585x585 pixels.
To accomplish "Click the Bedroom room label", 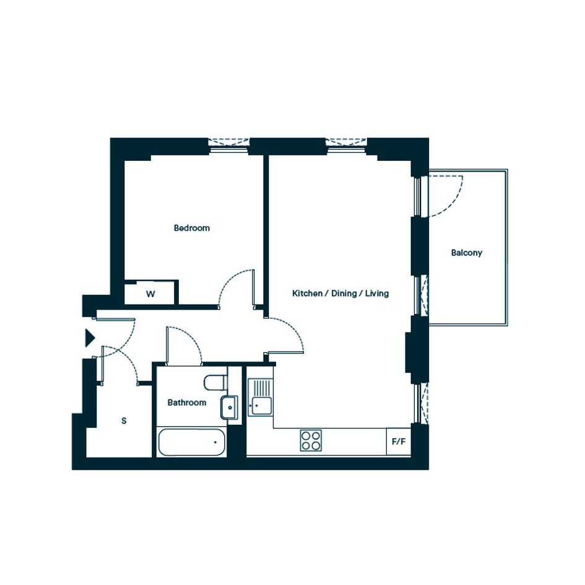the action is click(192, 228).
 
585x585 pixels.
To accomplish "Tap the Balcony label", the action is click(466, 253).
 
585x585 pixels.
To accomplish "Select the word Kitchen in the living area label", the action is click(307, 293).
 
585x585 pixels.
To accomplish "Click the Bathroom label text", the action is click(186, 402).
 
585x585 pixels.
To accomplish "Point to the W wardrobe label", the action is click(150, 294).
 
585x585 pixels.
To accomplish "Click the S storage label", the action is click(124, 421).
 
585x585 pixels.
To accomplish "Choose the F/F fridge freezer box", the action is click(399, 441).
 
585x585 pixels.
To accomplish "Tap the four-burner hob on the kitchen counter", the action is click(311, 441).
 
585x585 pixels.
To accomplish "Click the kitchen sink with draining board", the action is click(261, 397).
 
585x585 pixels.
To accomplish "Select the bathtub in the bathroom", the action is click(191, 442).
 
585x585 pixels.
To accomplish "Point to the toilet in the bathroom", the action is click(215, 383).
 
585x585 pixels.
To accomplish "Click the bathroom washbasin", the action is click(229, 407).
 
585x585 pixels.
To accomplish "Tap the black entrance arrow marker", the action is click(90, 338).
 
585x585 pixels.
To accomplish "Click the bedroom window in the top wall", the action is click(228, 146).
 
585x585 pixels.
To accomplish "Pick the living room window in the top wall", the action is click(346, 146).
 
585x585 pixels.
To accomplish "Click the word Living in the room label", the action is click(377, 293).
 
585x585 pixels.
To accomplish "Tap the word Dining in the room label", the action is click(344, 293).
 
